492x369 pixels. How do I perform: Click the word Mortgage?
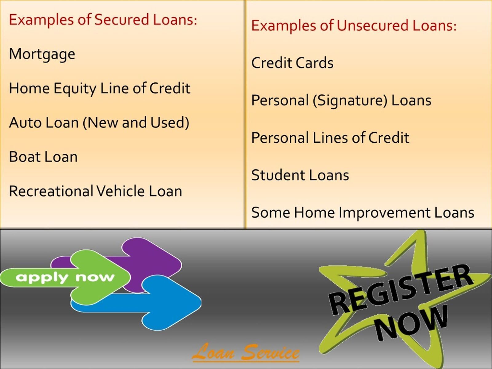[42, 54]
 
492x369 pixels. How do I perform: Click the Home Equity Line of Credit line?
[100, 89]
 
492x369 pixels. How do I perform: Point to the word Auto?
[25, 123]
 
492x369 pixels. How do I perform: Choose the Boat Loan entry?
[43, 157]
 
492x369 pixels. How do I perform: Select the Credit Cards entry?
[292, 62]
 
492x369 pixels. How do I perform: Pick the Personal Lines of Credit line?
[330, 137]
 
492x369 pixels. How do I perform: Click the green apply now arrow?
[65, 277]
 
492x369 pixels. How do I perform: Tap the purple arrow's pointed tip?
[182, 265]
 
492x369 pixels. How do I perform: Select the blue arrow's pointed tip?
[201, 303]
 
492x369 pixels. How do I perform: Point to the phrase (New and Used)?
[136, 123]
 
